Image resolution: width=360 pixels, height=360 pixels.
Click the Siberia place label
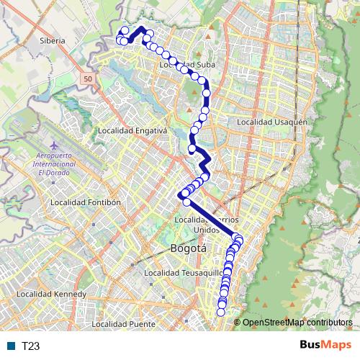pyautogui.click(x=53, y=41)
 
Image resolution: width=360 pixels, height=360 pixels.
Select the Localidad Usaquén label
pyautogui.click(x=276, y=122)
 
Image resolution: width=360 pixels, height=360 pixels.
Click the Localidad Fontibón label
pyautogui.click(x=85, y=202)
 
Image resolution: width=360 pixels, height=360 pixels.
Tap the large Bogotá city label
pyautogui.click(x=189, y=248)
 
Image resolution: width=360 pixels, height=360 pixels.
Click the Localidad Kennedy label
pyautogui.click(x=51, y=294)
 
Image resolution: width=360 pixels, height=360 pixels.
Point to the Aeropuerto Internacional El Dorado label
pyautogui.click(x=59, y=163)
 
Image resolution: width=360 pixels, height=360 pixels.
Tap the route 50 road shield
pyautogui.click(x=87, y=78)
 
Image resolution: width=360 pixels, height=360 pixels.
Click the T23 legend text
pyautogui.click(x=30, y=346)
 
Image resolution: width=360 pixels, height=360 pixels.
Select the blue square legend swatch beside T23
pyautogui.click(x=12, y=346)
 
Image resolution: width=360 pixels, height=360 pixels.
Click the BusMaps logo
pyautogui.click(x=325, y=345)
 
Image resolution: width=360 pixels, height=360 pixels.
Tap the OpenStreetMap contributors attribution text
pyautogui.click(x=297, y=323)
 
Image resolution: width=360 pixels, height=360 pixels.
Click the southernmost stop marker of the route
pyautogui.click(x=221, y=312)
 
